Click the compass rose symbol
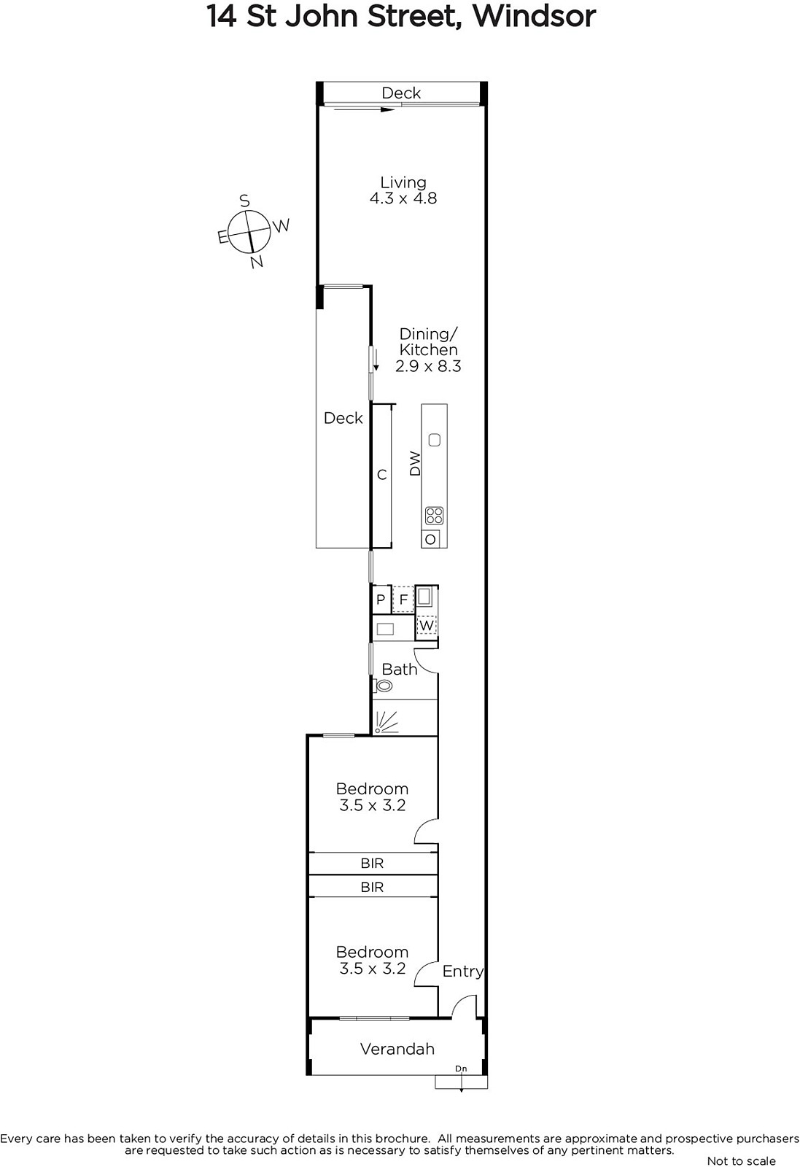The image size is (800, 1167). click(x=249, y=231)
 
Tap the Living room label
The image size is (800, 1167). click(x=403, y=182)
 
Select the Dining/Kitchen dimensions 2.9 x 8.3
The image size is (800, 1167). click(x=428, y=366)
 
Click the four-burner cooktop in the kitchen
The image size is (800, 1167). click(x=435, y=516)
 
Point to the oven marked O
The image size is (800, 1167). click(x=430, y=539)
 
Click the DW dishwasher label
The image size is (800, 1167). click(x=415, y=463)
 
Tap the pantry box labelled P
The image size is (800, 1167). click(x=381, y=600)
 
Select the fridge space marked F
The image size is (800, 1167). click(x=403, y=600)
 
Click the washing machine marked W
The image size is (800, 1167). click(x=427, y=625)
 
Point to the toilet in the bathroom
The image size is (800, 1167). click(x=382, y=686)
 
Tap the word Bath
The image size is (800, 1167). click(x=400, y=670)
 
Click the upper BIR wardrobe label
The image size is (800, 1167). click(x=372, y=864)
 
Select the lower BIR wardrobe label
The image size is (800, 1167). click(x=372, y=887)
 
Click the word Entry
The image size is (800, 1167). click(x=463, y=972)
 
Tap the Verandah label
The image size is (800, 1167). click(x=397, y=1049)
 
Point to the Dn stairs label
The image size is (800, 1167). click(x=461, y=1069)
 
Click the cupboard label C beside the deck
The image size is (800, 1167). click(x=382, y=475)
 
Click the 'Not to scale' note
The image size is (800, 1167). click(x=741, y=1160)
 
